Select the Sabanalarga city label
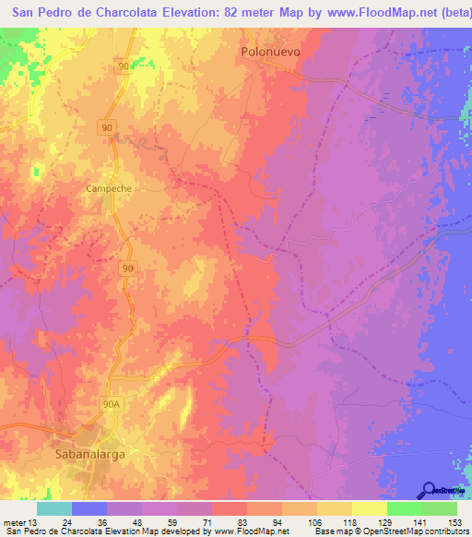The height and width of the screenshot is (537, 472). pos(92,456)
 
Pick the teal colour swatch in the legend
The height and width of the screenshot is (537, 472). pos(54,508)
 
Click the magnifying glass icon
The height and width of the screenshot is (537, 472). pos(429,490)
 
